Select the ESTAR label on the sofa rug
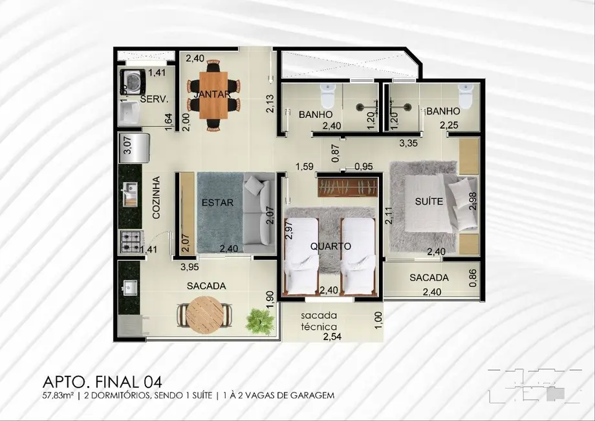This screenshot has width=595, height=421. click(x=213, y=202)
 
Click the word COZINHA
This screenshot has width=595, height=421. click(x=156, y=199)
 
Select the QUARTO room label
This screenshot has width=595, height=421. click(x=330, y=246)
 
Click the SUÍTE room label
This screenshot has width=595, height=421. click(x=428, y=201)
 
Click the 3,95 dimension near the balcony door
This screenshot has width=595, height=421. click(x=189, y=266)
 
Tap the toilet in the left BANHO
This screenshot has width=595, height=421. click(x=329, y=95)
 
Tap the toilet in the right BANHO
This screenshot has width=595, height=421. click(x=464, y=95)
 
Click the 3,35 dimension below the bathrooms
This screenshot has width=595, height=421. click(x=407, y=142)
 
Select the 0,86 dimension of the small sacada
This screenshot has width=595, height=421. click(x=473, y=278)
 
